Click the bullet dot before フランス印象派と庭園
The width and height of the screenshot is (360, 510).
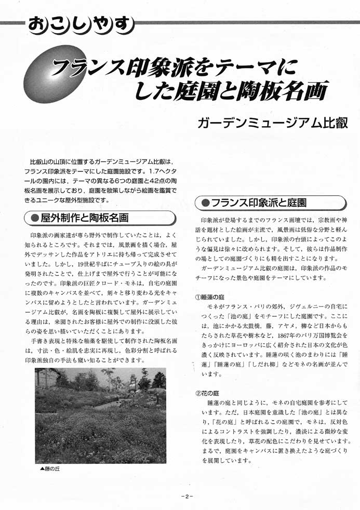205,202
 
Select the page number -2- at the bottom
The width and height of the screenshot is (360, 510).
186,496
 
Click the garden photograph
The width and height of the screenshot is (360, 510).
100,415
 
